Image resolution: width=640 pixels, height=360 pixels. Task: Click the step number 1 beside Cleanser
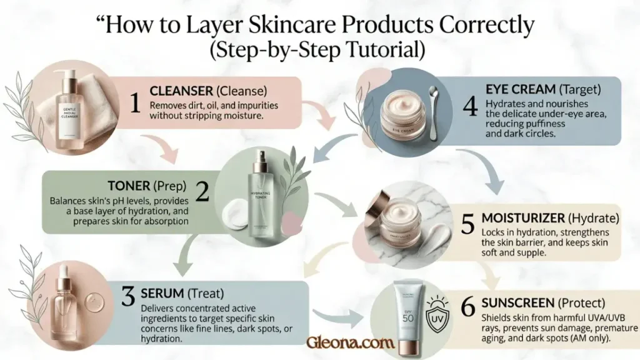point(134,102)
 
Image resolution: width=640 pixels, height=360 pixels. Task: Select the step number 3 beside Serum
point(128,296)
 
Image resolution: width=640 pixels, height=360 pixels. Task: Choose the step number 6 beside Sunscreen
point(467,307)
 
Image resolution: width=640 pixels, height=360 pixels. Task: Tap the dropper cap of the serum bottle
point(64,278)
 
